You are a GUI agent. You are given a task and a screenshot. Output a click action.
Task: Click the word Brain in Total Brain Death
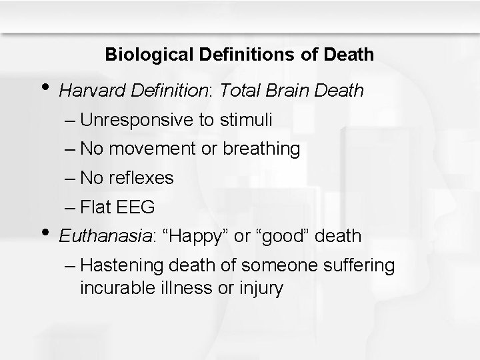point(292,91)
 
